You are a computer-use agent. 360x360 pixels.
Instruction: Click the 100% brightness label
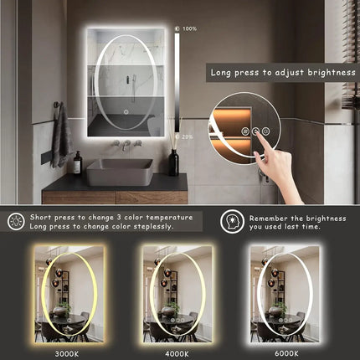[x=190, y=29]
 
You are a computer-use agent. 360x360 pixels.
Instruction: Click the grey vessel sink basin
[x=119, y=172]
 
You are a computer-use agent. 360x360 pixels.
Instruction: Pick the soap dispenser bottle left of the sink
[x=77, y=162]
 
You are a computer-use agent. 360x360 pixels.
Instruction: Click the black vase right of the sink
[x=173, y=162]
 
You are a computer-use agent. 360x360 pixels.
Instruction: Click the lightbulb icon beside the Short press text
[x=16, y=221]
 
